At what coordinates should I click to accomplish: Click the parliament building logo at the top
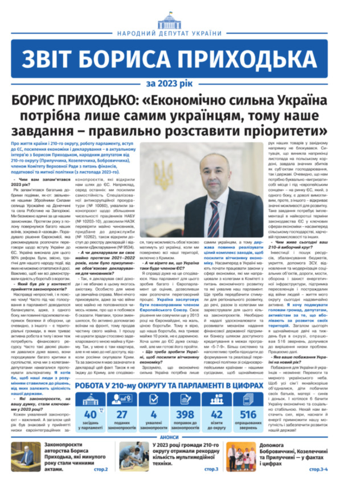coord(180,17)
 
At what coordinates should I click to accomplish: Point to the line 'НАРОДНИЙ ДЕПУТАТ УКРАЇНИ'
coord(180,34)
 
